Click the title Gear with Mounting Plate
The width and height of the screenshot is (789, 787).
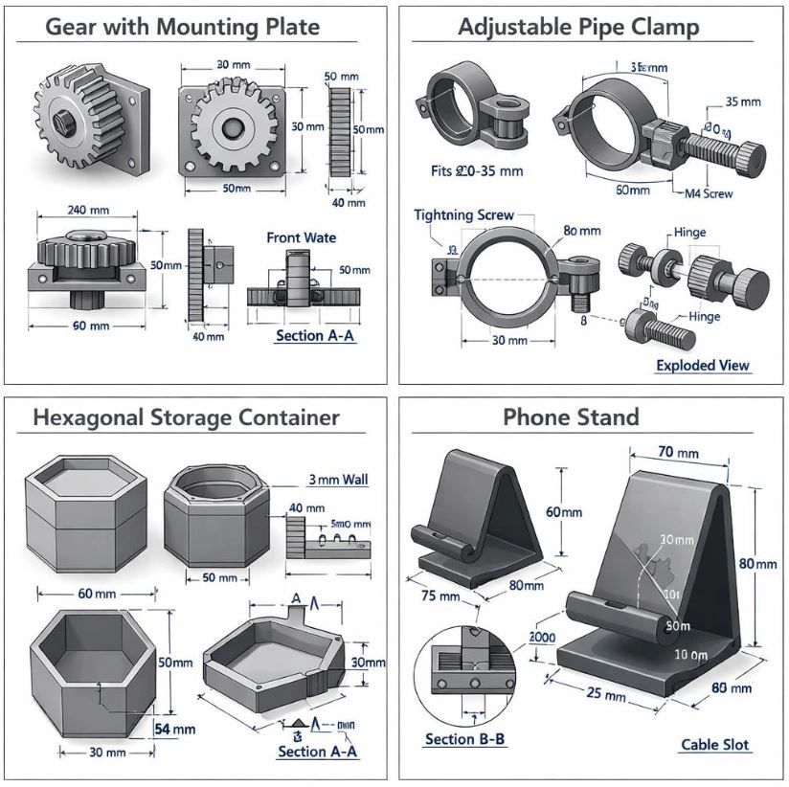point(182,26)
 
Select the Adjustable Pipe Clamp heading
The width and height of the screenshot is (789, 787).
point(578,26)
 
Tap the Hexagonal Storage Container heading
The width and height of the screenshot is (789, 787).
point(186,417)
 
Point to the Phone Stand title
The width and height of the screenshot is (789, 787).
point(571,417)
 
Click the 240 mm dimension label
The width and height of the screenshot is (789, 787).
point(88,210)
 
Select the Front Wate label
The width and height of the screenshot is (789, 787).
point(301,237)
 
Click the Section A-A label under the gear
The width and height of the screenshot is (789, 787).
point(315,336)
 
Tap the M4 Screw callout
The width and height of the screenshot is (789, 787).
point(709,193)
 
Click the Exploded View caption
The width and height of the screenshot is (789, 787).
point(703,365)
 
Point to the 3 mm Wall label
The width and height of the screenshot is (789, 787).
point(338,479)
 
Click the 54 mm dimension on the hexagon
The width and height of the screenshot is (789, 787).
point(175,729)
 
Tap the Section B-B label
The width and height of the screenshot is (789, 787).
point(464,740)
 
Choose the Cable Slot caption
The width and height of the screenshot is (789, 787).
point(715,744)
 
